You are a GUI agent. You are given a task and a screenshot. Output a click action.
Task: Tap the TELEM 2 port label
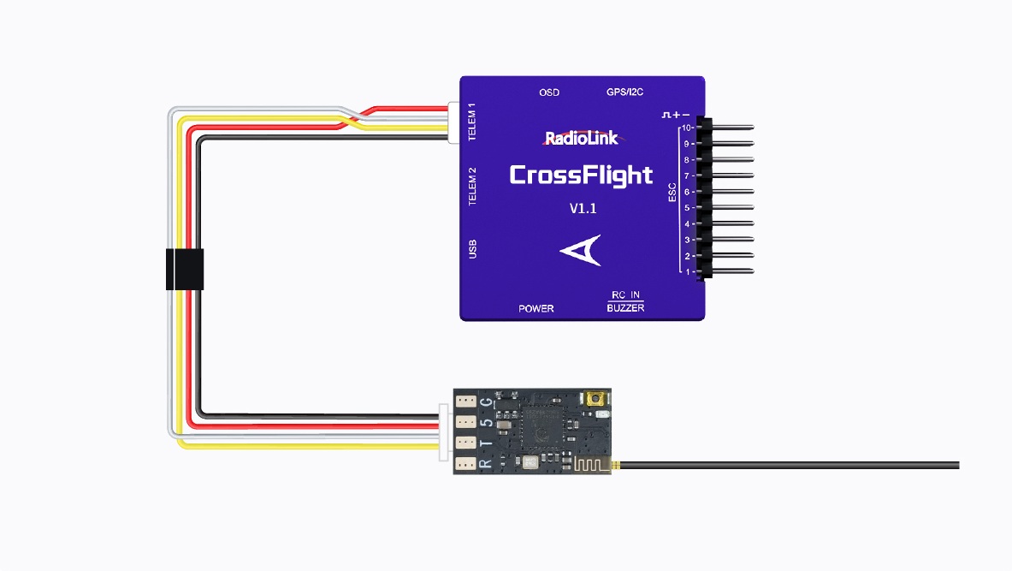tap(471, 187)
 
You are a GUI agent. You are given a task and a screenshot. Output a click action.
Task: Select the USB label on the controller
tap(471, 248)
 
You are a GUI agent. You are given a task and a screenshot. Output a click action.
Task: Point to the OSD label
tap(549, 92)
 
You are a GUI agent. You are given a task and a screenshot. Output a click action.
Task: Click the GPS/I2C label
tap(624, 92)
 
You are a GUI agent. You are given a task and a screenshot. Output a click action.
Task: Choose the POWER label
tap(536, 308)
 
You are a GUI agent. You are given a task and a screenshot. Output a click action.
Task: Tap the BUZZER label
tap(625, 308)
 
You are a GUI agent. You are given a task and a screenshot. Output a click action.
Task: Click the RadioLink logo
tap(582, 138)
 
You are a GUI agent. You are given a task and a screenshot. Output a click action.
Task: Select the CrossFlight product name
tap(581, 175)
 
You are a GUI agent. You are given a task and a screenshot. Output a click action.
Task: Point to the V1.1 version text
tap(583, 208)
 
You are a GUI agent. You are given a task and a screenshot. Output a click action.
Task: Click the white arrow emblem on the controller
tap(581, 250)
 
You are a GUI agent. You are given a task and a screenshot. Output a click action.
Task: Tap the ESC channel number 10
tap(686, 128)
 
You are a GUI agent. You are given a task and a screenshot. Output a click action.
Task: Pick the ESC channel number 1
tap(688, 272)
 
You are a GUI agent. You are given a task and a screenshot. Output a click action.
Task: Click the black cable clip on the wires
tap(185, 269)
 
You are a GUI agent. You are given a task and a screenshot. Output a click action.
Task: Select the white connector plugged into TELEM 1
tap(453, 122)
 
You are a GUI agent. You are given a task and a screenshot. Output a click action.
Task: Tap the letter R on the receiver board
tap(485, 464)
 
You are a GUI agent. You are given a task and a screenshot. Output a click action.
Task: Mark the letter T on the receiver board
tap(485, 443)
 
